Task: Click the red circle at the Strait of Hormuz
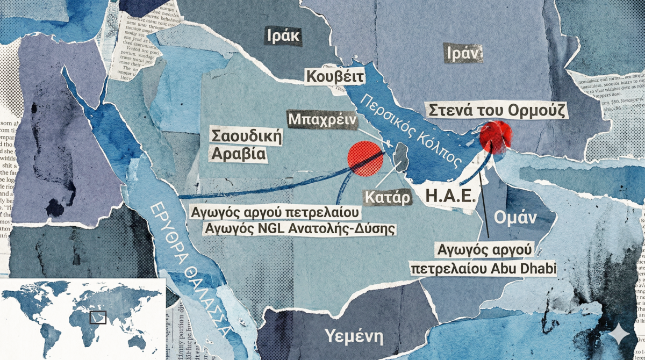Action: coord(494,136)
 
